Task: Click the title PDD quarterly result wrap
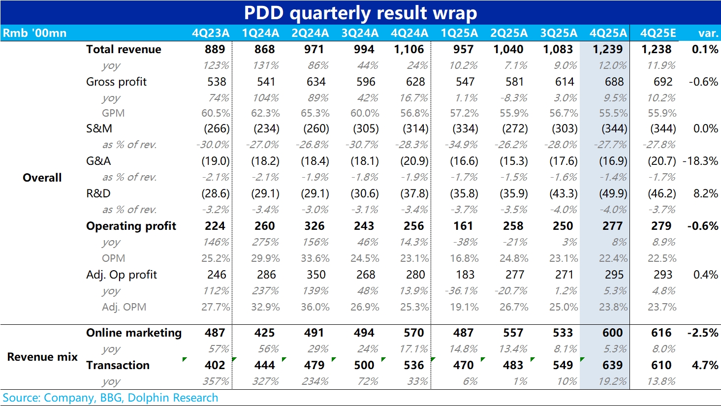pyautogui.click(x=360, y=13)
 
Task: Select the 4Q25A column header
pyautogui.click(x=608, y=33)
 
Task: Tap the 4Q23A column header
pyautogui.click(x=211, y=33)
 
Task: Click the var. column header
pyautogui.click(x=708, y=33)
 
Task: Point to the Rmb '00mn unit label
pyautogui.click(x=34, y=33)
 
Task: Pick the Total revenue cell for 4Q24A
pyautogui.click(x=409, y=49)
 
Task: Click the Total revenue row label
pyautogui.click(x=124, y=49)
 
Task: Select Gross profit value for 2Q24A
pyautogui.click(x=316, y=82)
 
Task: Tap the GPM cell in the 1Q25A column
pyautogui.click(x=464, y=113)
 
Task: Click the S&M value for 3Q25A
pyautogui.click(x=564, y=128)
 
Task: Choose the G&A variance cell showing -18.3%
pyautogui.click(x=700, y=161)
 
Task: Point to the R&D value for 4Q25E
pyautogui.click(x=662, y=193)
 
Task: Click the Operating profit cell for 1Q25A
pyautogui.click(x=463, y=226)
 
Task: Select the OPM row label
pyautogui.click(x=113, y=258)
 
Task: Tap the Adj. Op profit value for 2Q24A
pyautogui.click(x=316, y=275)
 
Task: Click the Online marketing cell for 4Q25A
pyautogui.click(x=612, y=333)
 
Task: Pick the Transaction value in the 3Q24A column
pyautogui.click(x=364, y=365)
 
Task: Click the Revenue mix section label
pyautogui.click(x=42, y=357)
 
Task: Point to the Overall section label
pyautogui.click(x=42, y=178)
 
